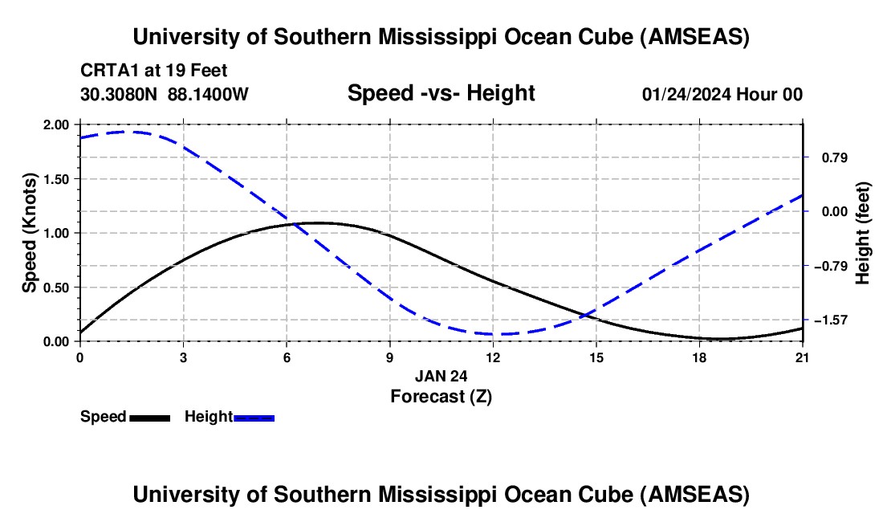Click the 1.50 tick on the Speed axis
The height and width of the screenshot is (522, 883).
pos(57,179)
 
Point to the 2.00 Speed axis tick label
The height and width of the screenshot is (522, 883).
pos(57,124)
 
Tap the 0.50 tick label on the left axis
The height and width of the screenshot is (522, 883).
pos(57,288)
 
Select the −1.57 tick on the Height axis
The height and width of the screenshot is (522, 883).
pos(828,320)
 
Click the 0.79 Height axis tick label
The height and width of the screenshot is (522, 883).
pos(829,157)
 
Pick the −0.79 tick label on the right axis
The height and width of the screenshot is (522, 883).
pos(828,266)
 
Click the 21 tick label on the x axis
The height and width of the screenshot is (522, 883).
pos(804,357)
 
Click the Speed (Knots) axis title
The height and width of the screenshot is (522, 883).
pos(30,233)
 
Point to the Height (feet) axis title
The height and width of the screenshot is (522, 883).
pos(863,233)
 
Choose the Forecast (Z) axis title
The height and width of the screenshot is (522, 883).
pos(441,396)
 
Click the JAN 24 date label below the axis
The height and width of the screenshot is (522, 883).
pos(441,375)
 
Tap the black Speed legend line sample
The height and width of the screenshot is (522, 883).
pos(149,418)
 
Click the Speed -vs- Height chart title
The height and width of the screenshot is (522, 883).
pos(441,94)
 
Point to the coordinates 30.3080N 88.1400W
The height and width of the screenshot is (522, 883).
pos(165,94)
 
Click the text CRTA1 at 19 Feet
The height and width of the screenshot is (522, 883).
pos(154,70)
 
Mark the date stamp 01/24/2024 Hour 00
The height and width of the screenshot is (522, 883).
pos(722,94)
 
